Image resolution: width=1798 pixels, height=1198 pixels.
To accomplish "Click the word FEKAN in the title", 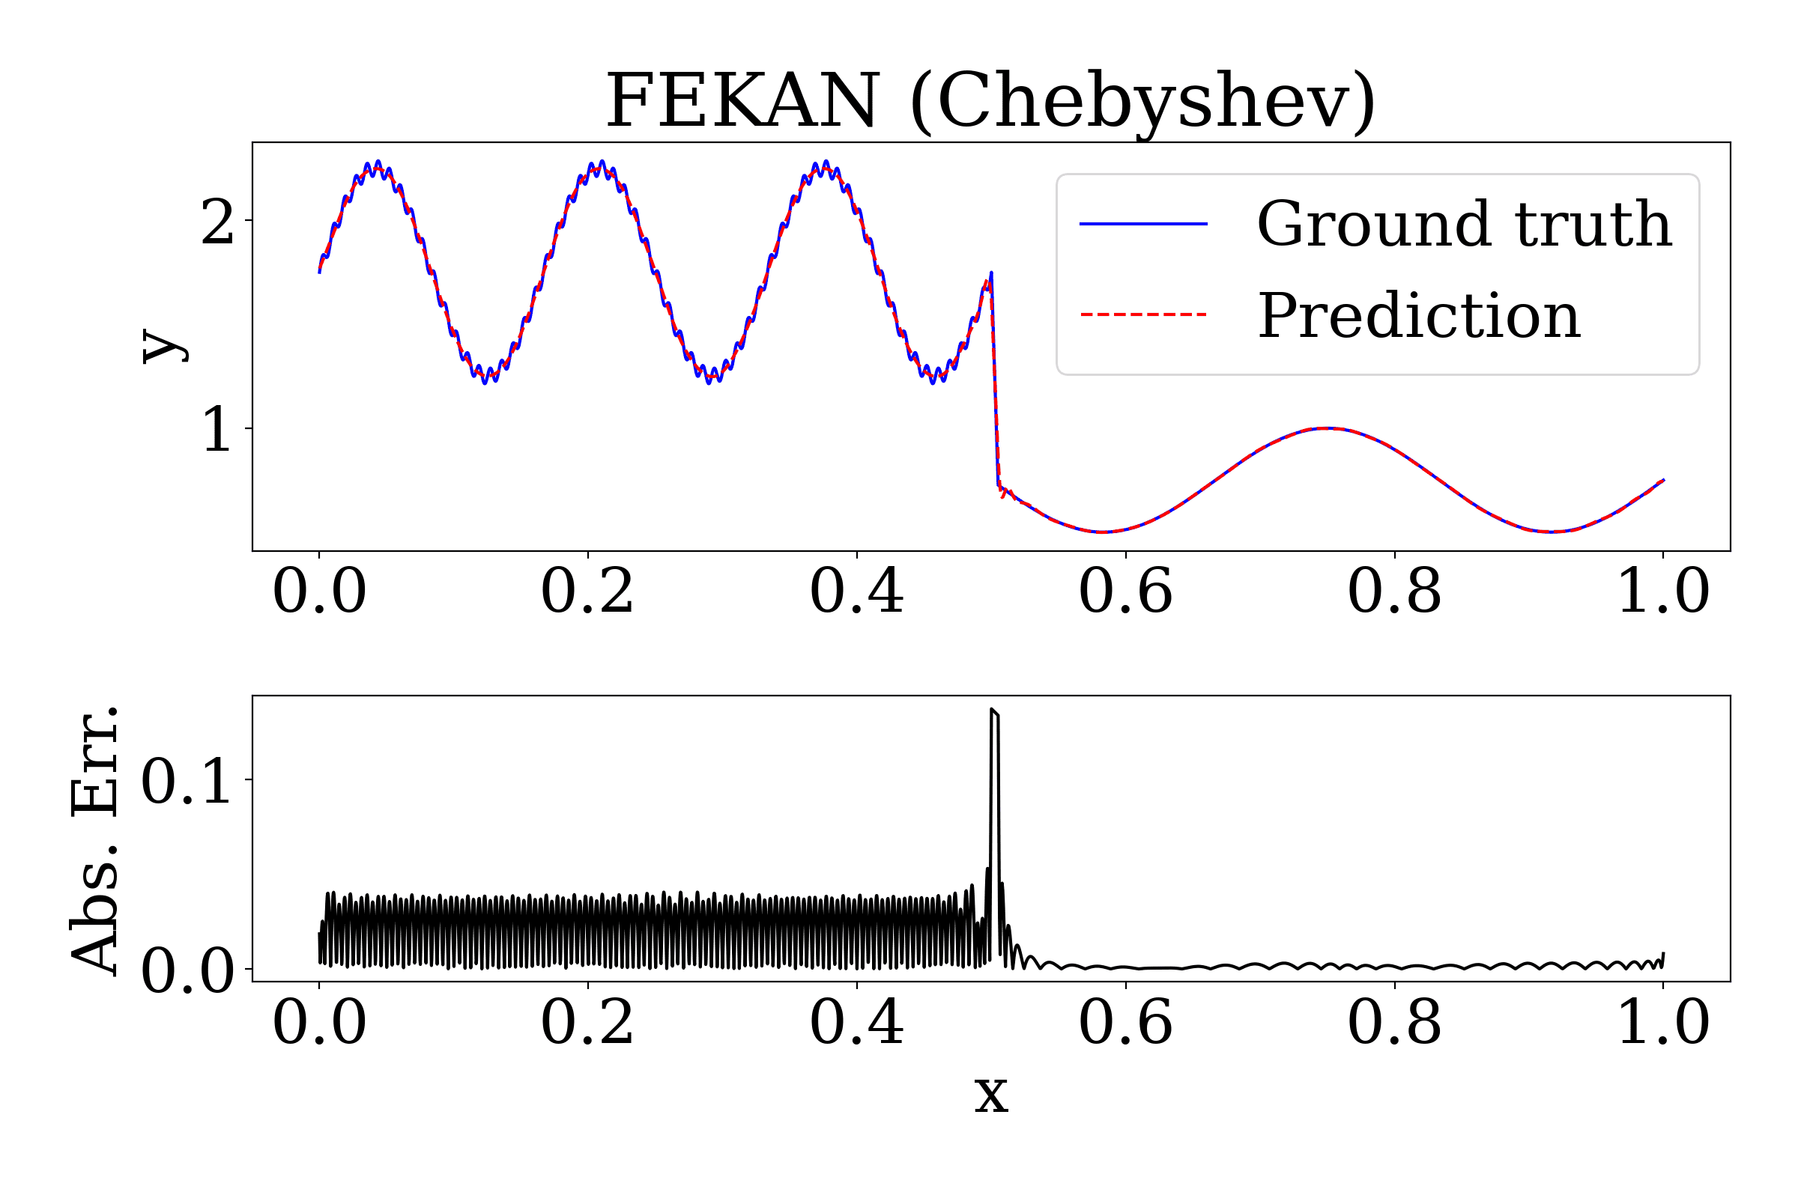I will [x=742, y=101].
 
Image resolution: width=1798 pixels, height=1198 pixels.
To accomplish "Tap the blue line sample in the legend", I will [x=1143, y=224].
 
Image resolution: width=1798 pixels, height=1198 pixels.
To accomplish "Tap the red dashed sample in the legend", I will [x=1143, y=314].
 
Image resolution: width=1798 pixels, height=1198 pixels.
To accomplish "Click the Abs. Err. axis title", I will [x=95, y=839].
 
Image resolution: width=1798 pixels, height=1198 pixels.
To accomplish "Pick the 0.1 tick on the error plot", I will [x=186, y=781].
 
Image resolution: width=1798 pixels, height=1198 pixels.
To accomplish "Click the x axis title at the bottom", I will [x=990, y=1094].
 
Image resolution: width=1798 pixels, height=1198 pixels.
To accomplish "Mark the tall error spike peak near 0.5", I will [x=993, y=711].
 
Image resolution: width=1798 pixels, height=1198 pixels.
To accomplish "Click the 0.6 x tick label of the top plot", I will [x=1125, y=592].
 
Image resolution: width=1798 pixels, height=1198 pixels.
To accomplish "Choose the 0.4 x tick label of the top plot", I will [x=856, y=592].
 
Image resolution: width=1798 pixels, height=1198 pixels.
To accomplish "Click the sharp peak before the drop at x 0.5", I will [x=991, y=273].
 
